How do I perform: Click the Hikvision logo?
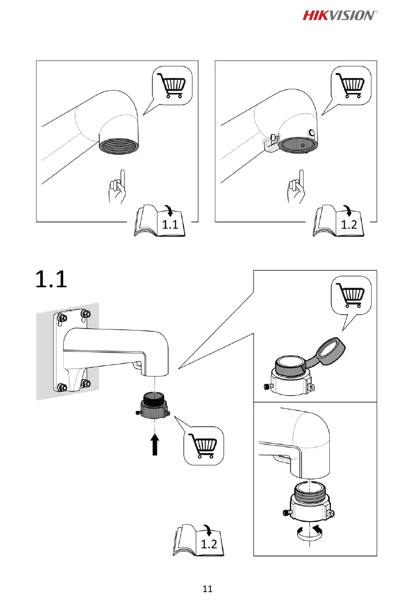[339, 15]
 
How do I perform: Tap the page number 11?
[208, 589]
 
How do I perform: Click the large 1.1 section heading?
[51, 280]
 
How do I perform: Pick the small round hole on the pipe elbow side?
[312, 133]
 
